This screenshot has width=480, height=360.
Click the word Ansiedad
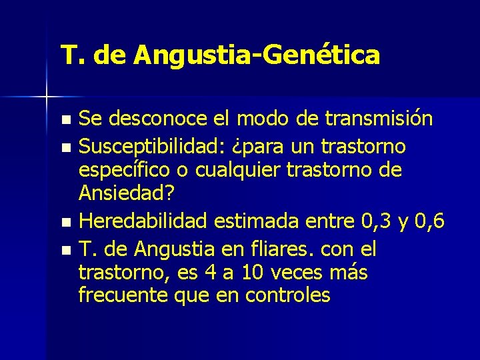click(x=123, y=195)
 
